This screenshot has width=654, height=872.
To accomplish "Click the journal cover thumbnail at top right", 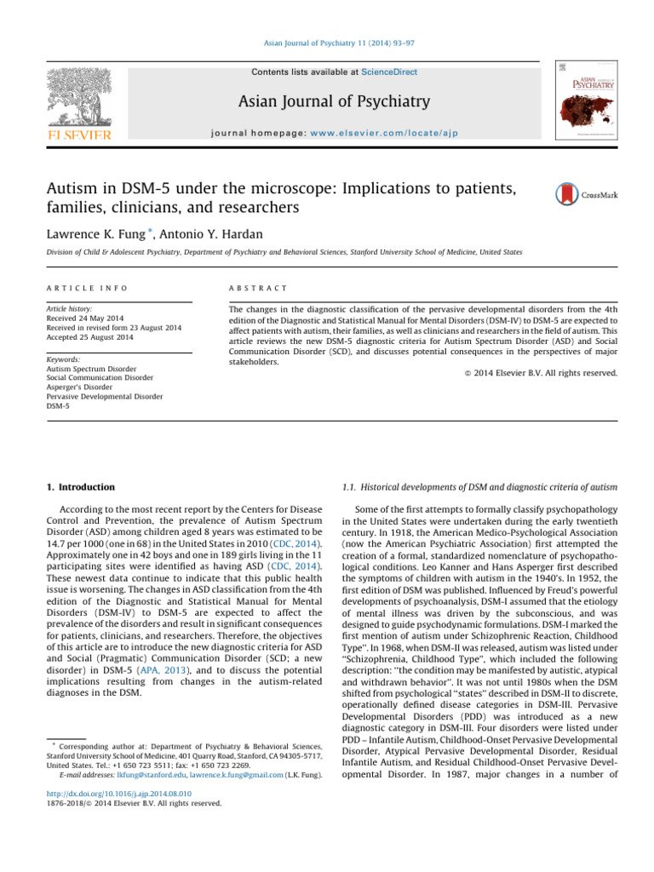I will tap(588, 100).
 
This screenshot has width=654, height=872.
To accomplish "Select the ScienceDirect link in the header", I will tap(391, 72).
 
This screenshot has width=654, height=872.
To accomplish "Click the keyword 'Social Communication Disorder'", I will tap(99, 378).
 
